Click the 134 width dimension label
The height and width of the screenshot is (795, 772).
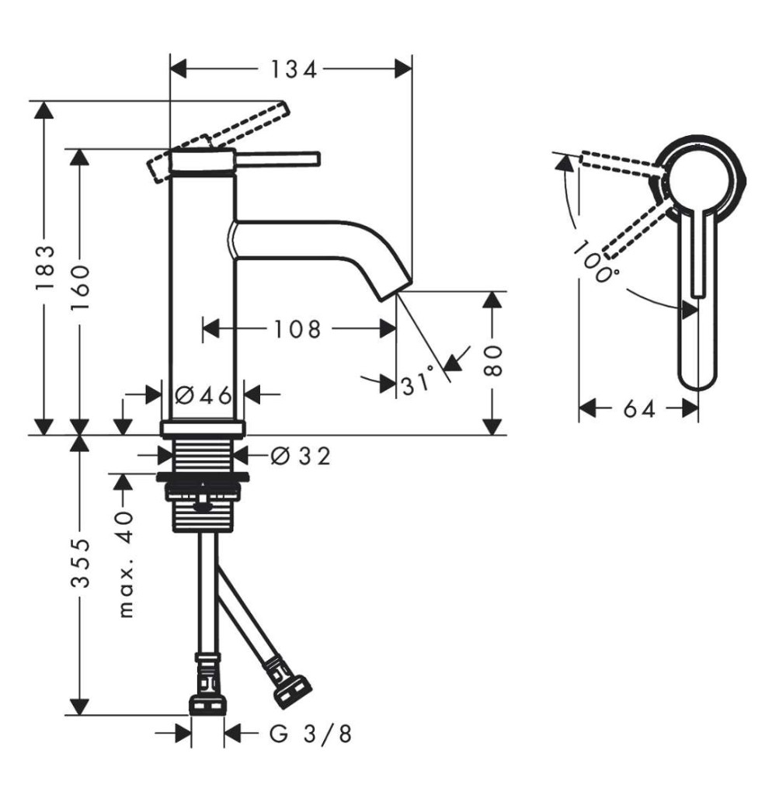point(294,69)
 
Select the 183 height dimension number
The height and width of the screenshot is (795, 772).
point(44,268)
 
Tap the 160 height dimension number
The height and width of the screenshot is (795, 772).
point(80,287)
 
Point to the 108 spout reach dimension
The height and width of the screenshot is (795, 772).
point(297,329)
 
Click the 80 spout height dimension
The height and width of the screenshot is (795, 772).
point(492,361)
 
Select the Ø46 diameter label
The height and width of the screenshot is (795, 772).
point(203,395)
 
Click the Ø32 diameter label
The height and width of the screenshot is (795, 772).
point(301,456)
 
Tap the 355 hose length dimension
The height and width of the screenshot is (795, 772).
point(80,563)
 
